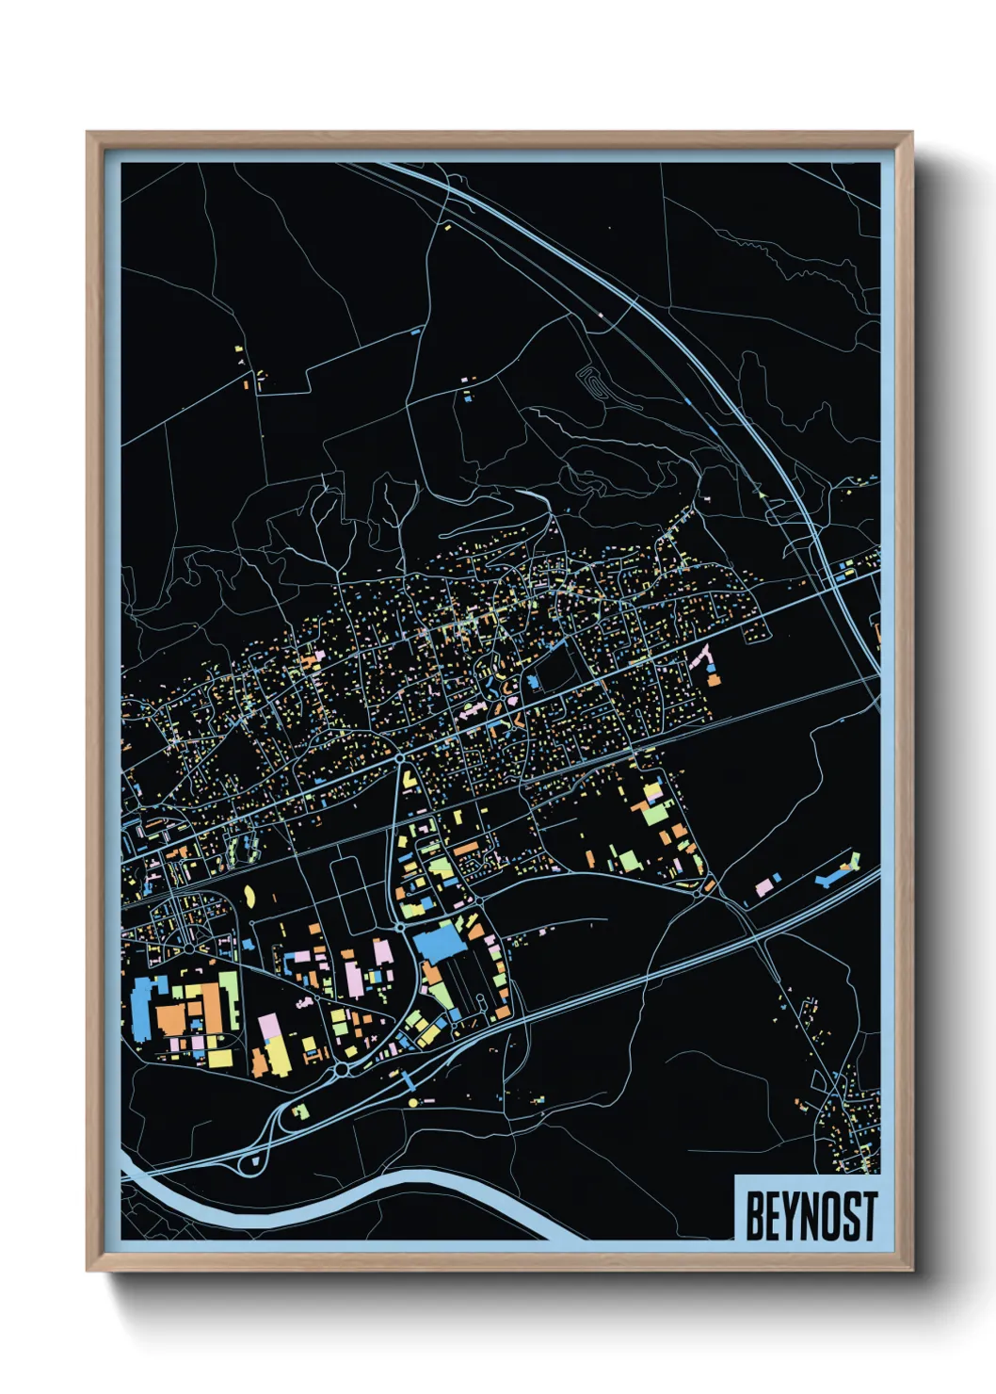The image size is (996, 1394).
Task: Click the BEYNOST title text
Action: click(811, 1215)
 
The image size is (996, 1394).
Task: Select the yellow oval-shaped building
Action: click(250, 895)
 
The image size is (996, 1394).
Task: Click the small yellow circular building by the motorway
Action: click(412, 1101)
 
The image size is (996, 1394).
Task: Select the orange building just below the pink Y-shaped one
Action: click(713, 679)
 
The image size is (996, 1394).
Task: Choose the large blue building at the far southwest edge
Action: click(143, 1008)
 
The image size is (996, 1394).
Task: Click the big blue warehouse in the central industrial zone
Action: click(440, 942)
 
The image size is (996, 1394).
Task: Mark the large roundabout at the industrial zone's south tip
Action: click(341, 1069)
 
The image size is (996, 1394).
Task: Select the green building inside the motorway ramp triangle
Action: click(301, 1112)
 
